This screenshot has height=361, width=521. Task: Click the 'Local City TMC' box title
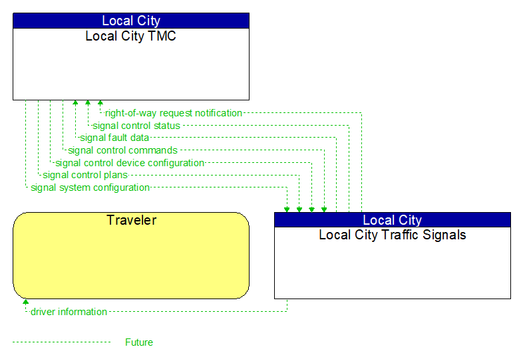click(130, 36)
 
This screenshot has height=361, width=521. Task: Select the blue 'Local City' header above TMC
click(130, 21)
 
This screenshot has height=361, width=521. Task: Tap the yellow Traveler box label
click(131, 220)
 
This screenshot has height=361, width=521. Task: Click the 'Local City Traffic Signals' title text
click(393, 235)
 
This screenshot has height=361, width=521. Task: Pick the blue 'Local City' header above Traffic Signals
click(393, 220)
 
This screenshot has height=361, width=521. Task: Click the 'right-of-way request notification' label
click(174, 113)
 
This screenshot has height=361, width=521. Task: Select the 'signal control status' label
click(136, 126)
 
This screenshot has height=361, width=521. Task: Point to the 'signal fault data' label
click(114, 138)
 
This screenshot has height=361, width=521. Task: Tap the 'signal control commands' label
click(122, 150)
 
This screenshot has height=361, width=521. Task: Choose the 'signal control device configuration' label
click(130, 163)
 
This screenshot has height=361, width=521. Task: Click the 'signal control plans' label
click(85, 176)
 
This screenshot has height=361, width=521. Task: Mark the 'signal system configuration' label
click(90, 187)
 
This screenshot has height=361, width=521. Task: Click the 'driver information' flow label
click(69, 312)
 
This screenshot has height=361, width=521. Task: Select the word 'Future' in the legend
click(139, 342)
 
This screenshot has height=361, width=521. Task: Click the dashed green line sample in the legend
click(61, 342)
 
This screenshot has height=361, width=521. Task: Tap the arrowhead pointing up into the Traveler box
click(26, 302)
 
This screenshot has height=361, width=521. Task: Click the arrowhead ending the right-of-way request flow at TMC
click(100, 103)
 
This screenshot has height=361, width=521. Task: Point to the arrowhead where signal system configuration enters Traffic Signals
click(287, 209)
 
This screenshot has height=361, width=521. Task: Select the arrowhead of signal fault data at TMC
click(75, 103)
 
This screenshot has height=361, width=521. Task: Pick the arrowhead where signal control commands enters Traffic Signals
click(324, 209)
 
